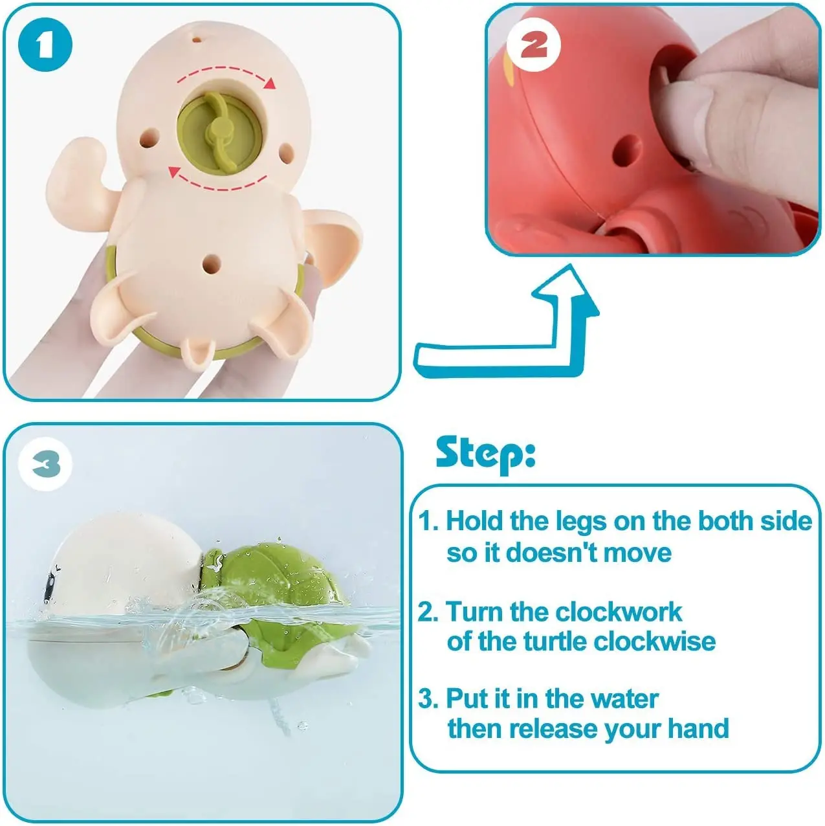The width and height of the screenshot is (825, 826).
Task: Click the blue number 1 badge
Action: pyautogui.click(x=45, y=45)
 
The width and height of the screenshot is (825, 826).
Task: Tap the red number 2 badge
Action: pyautogui.click(x=533, y=44)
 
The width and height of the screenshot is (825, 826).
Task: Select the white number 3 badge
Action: pyautogui.click(x=46, y=464)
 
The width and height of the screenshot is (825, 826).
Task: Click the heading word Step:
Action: pyautogui.click(x=485, y=453)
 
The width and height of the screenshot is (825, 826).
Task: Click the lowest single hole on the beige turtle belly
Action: pyautogui.click(x=211, y=263)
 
